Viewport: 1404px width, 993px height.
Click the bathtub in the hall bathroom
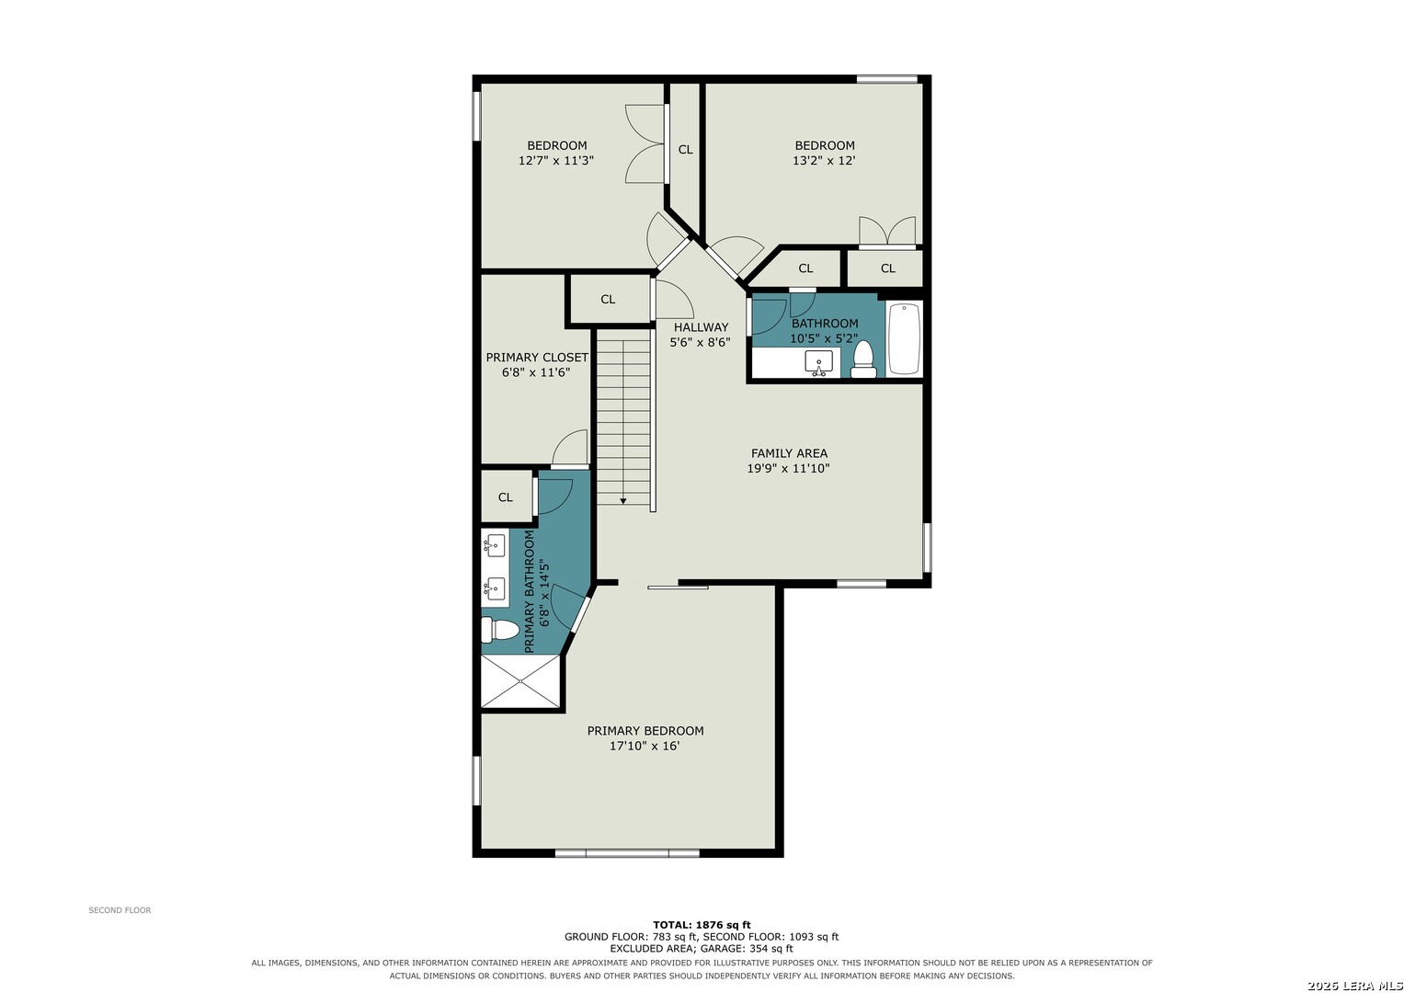[904, 338]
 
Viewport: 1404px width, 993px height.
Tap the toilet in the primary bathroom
[499, 630]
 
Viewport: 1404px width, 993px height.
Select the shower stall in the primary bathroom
[520, 681]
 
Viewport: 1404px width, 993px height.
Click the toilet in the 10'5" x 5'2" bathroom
[863, 360]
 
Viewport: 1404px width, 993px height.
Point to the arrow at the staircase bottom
[623, 499]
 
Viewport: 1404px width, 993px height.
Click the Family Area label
[789, 453]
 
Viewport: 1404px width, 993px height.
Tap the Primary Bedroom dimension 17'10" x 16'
[645, 746]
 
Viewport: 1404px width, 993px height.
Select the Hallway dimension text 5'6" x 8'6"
[700, 343]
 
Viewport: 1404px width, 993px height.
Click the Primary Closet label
[537, 358]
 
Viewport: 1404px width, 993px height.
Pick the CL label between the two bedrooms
[686, 149]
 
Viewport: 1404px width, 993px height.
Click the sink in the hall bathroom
[818, 363]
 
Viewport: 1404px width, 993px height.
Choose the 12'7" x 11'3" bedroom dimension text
[556, 161]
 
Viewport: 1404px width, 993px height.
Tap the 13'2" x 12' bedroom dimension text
[824, 161]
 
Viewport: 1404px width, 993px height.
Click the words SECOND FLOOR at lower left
[120, 910]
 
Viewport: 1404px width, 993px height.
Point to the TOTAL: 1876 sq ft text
[702, 925]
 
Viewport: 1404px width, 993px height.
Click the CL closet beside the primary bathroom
[506, 497]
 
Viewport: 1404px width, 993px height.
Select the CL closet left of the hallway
[608, 300]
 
